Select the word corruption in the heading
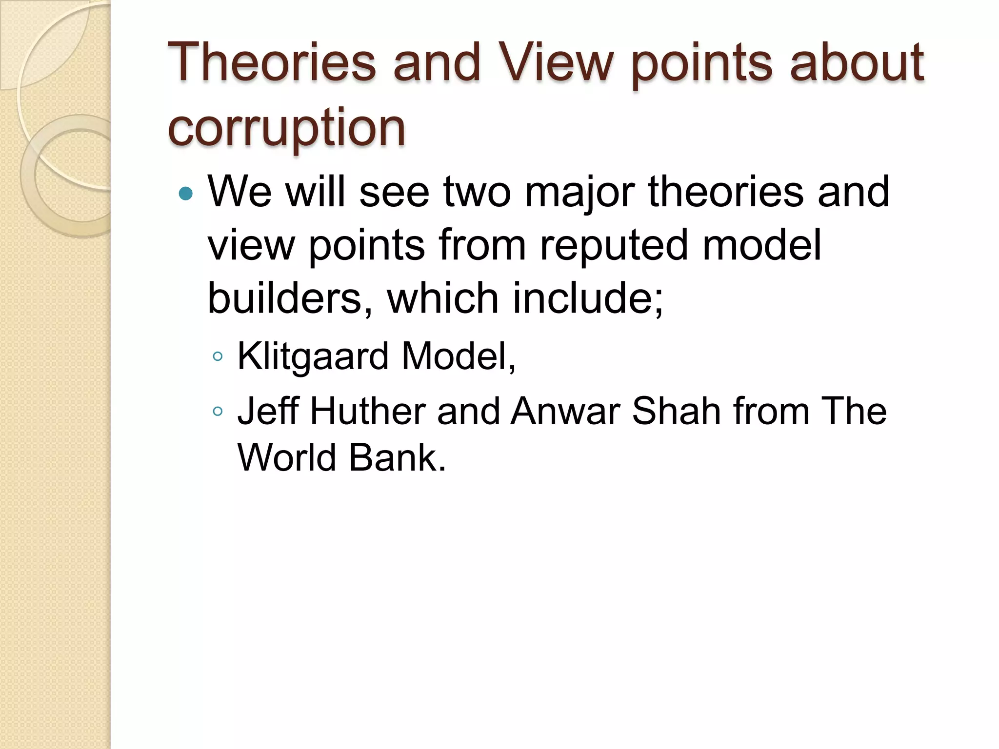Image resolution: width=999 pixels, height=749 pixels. click(286, 128)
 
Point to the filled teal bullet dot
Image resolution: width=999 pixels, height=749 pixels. click(186, 194)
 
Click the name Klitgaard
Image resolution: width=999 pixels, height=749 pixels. click(313, 356)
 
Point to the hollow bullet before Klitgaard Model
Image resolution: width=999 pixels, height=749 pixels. click(218, 357)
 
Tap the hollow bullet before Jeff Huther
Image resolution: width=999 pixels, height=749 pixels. click(218, 412)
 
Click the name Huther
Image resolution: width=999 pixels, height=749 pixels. click(368, 411)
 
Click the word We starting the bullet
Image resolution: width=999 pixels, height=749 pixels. click(240, 192)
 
